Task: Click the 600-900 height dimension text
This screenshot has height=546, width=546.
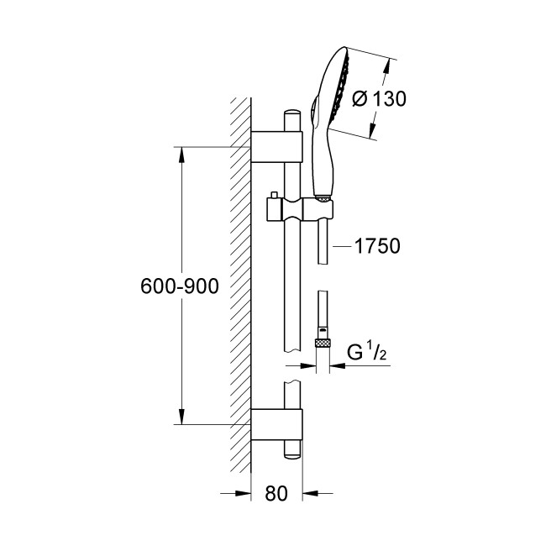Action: click(179, 286)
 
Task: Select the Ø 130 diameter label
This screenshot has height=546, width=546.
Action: click(379, 98)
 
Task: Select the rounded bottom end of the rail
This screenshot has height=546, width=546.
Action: click(291, 454)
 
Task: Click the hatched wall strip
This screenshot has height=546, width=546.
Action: click(242, 286)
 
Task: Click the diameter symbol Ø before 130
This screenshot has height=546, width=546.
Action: click(359, 98)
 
